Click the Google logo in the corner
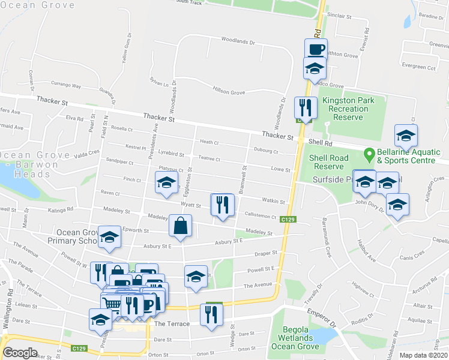(20, 353)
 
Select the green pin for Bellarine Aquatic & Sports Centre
(370, 154)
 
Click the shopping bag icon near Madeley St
(180, 227)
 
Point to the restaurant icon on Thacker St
(305, 108)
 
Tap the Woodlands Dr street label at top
(238, 43)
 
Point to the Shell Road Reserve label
(327, 162)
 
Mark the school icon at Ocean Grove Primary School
(109, 238)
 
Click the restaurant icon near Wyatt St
(222, 205)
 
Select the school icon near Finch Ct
(166, 184)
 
